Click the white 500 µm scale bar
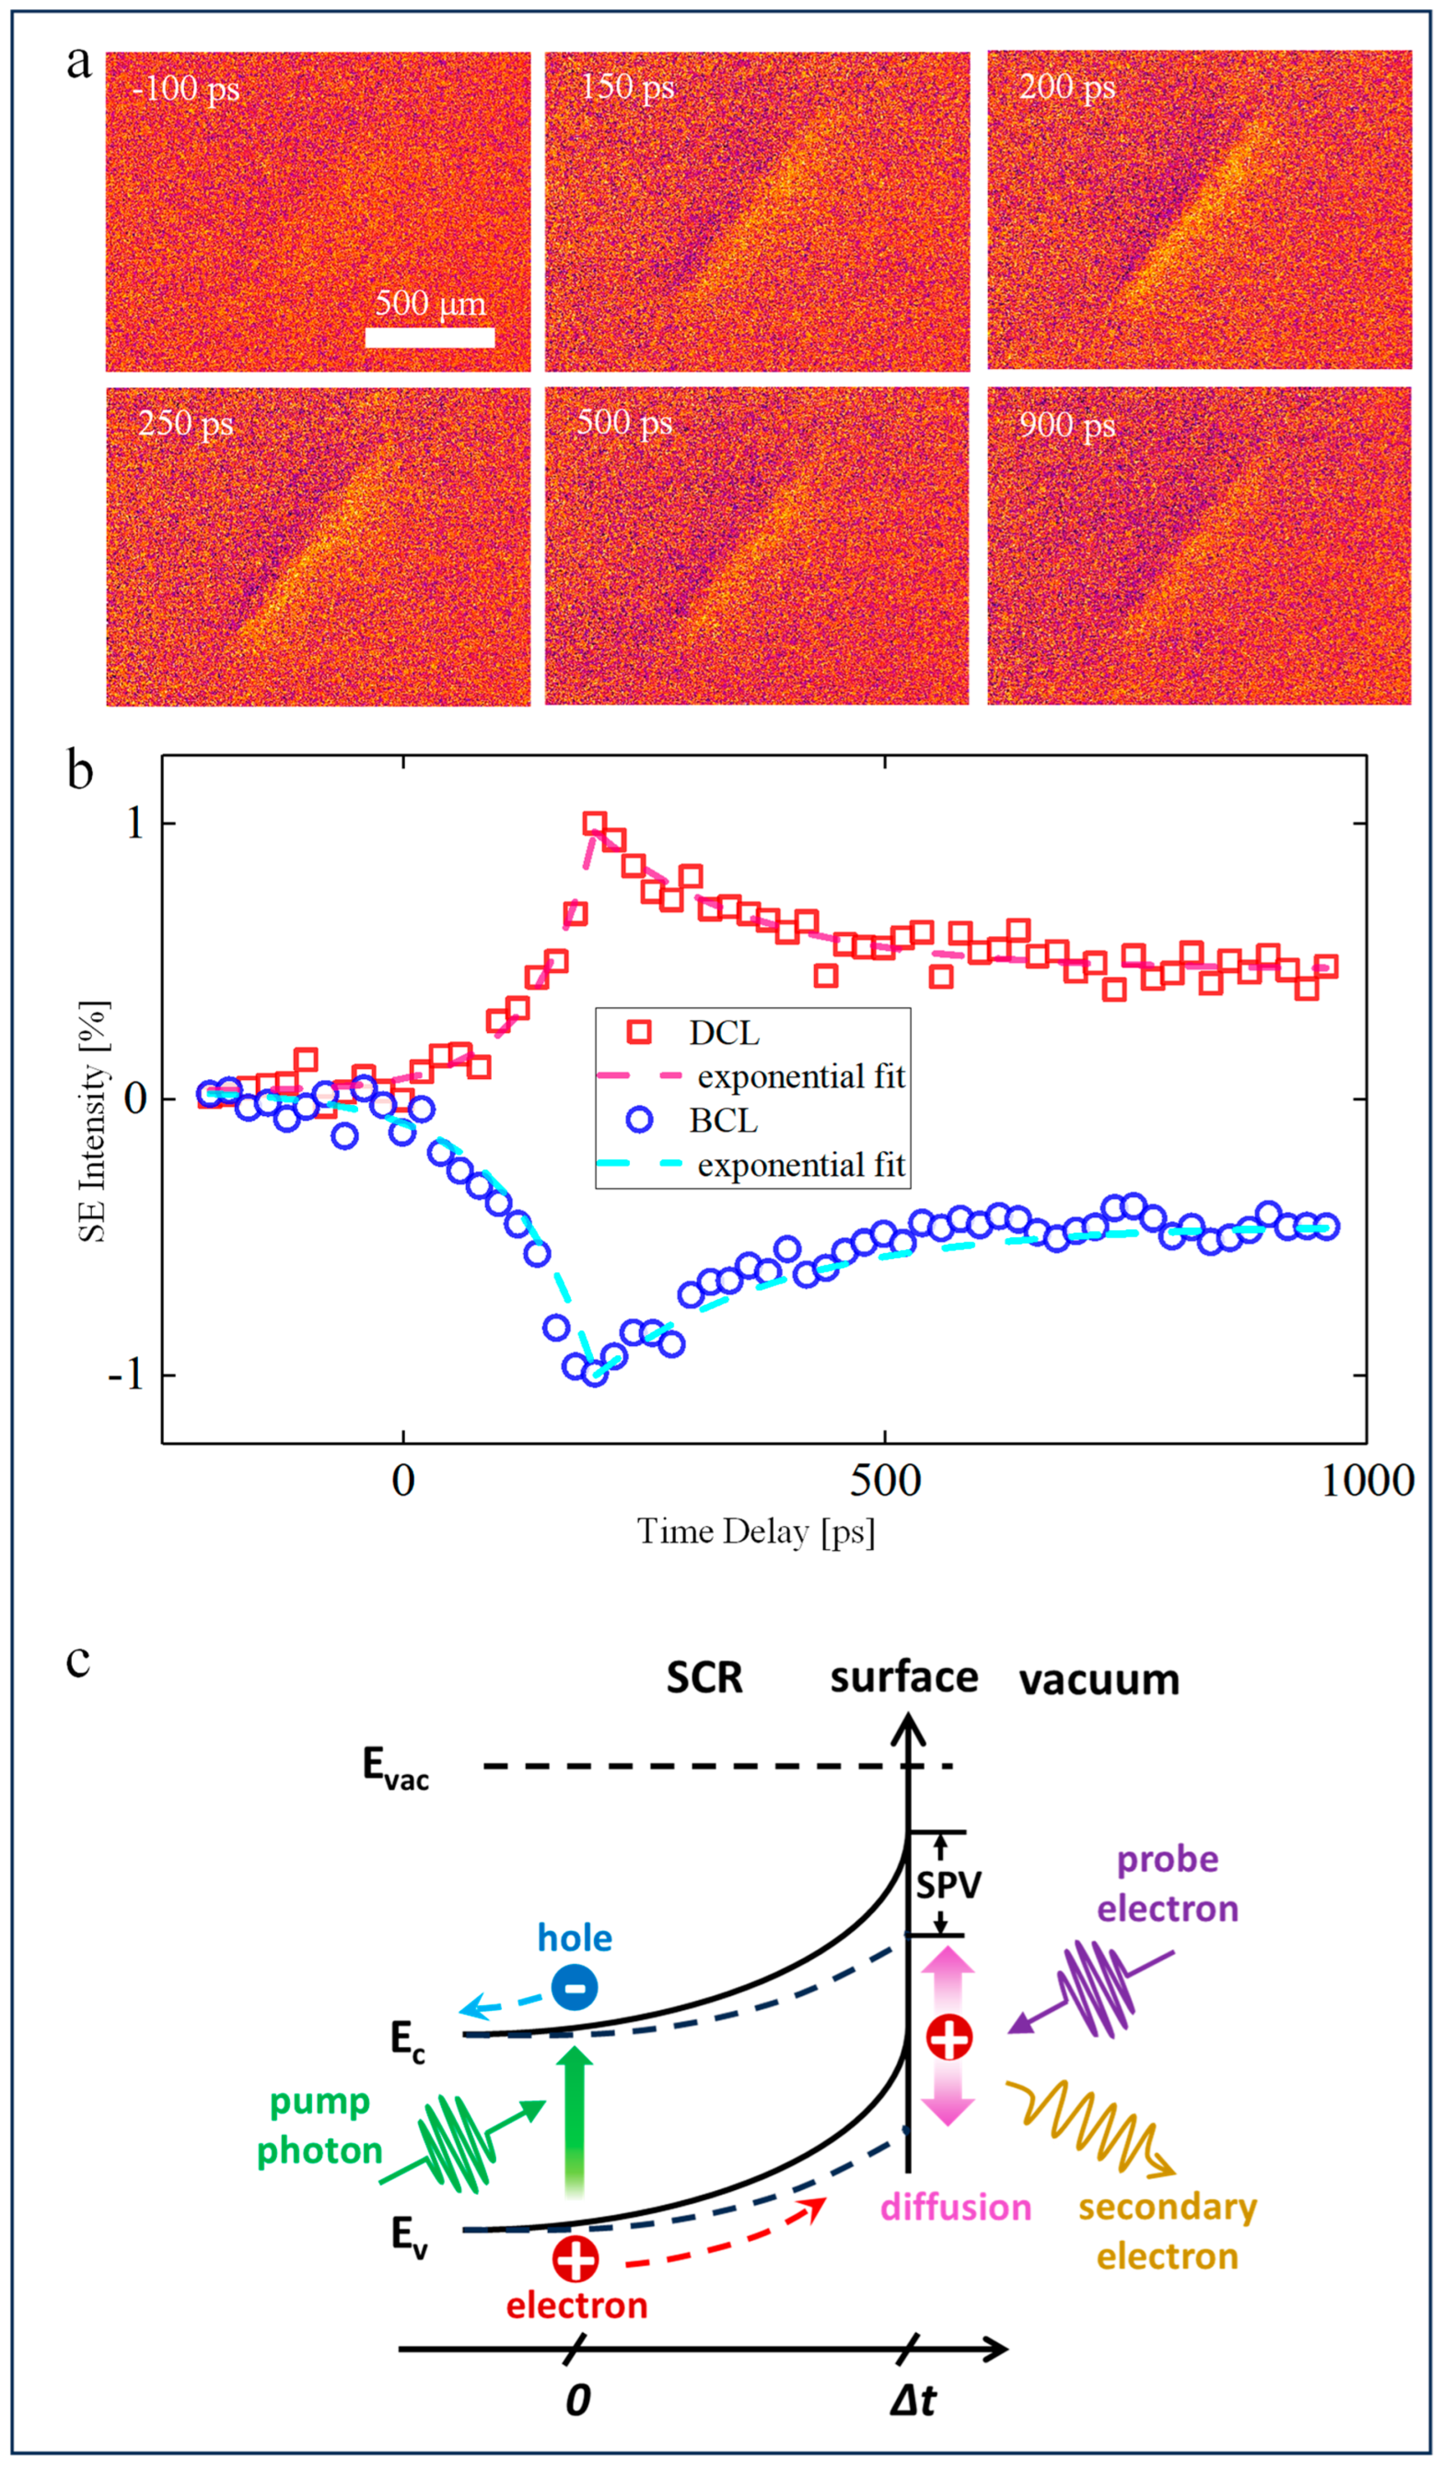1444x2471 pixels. coord(430,337)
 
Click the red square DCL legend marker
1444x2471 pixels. coord(639,1031)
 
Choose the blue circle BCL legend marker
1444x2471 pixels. coord(639,1120)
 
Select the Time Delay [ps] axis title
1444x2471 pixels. coord(756,1532)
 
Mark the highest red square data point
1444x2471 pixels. coord(594,824)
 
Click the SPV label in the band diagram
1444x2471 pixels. coord(948,1885)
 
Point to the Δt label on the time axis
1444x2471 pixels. coord(913,2400)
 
